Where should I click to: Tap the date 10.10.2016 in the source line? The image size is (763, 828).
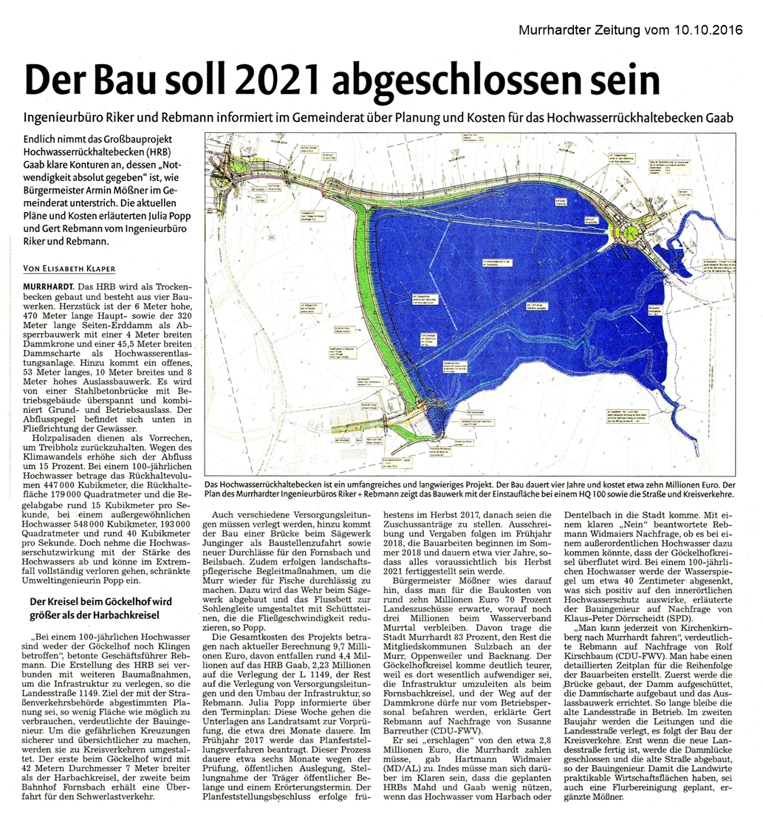[708, 30]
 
